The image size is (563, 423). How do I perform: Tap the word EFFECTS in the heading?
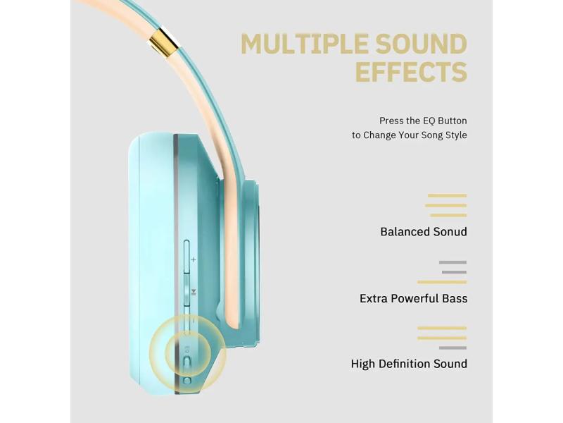pyautogui.click(x=411, y=72)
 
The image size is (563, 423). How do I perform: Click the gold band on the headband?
pyautogui.click(x=164, y=39)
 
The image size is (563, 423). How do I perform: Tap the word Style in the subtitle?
pyautogui.click(x=456, y=135)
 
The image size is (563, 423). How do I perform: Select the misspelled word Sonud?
pyautogui.click(x=450, y=232)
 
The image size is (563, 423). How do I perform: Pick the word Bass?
pyautogui.click(x=455, y=298)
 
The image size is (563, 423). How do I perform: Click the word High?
pyautogui.click(x=363, y=364)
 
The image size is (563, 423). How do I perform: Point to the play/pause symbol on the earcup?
pyautogui.click(x=194, y=292)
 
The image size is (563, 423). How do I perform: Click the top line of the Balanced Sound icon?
pyautogui.click(x=447, y=196)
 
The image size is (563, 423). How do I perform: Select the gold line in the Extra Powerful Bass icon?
pyautogui.click(x=442, y=283)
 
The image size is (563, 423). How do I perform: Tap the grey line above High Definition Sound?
pyautogui.click(x=453, y=348)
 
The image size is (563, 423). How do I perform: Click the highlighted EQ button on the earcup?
pyautogui.click(x=187, y=361)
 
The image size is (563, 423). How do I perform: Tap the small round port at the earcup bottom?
pyautogui.click(x=186, y=381)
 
